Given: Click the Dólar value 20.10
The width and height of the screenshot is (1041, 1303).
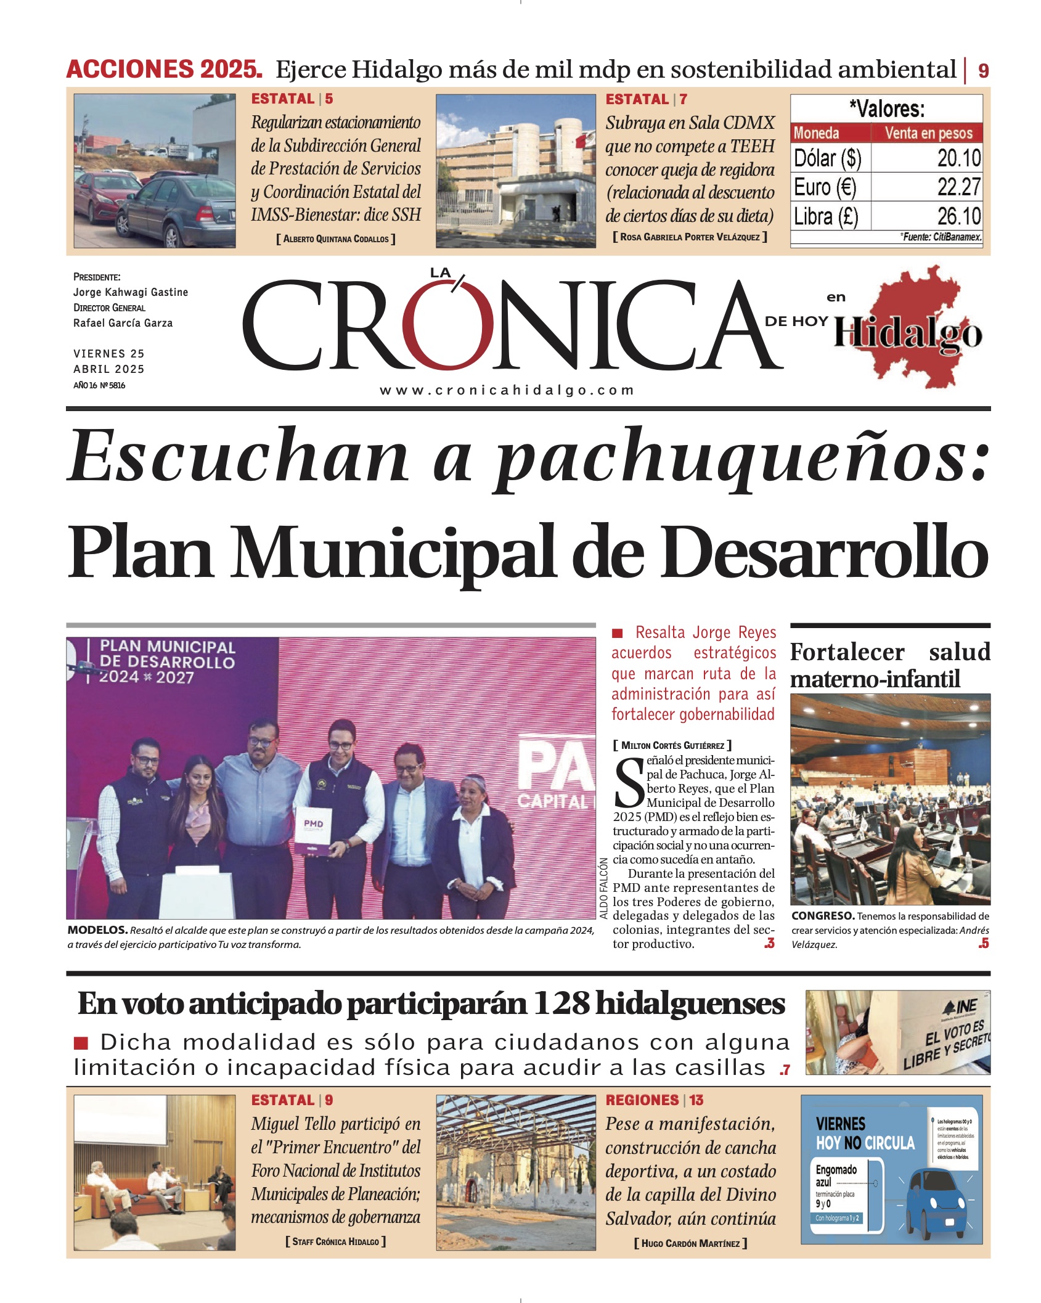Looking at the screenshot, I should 958,158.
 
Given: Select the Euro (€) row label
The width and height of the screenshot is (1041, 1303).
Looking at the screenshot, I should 825,187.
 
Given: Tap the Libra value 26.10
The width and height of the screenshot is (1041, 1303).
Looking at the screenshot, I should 958,216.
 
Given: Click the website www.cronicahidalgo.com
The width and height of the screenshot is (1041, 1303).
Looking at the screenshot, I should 507,390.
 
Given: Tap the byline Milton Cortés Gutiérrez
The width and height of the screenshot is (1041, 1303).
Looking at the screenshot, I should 672,745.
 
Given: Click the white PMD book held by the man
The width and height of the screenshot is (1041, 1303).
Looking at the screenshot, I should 314,830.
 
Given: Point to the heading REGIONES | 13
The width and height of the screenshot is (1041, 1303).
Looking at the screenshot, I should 654,1100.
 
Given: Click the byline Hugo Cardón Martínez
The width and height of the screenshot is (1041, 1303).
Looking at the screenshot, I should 690,1243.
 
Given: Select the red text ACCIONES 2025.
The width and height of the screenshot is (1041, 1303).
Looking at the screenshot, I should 165,69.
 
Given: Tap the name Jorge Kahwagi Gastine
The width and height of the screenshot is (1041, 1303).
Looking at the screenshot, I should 131,292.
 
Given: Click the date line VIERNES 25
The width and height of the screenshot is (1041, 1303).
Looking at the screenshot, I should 109,354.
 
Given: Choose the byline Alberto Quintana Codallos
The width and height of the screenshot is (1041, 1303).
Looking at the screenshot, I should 336,239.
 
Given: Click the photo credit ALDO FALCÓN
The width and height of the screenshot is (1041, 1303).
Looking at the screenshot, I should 604,888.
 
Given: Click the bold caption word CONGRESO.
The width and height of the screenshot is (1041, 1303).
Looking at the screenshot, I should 823,916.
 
